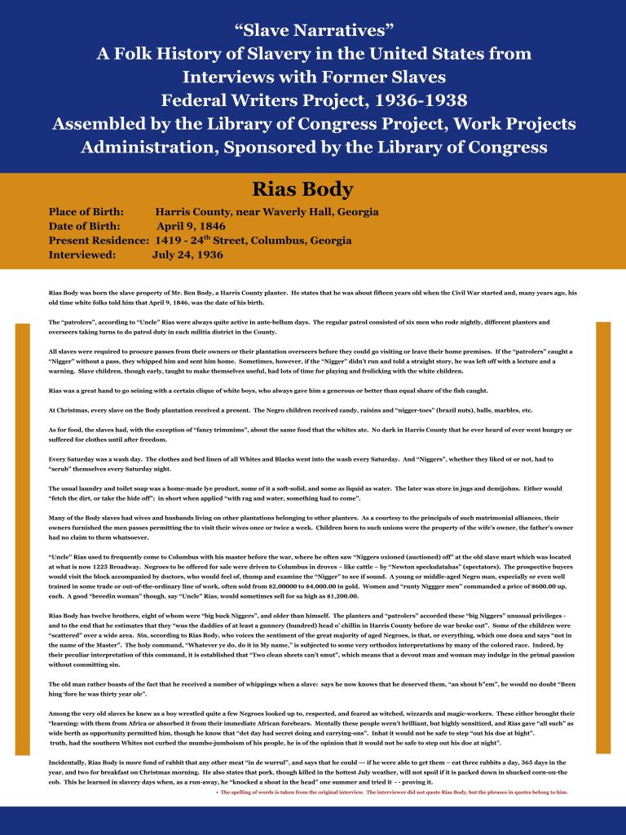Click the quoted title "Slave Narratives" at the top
(x=314, y=31)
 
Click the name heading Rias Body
(x=313, y=190)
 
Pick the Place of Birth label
(x=86, y=212)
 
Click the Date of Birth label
(x=85, y=226)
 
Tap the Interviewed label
(x=82, y=254)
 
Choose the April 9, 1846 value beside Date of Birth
(x=192, y=226)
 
